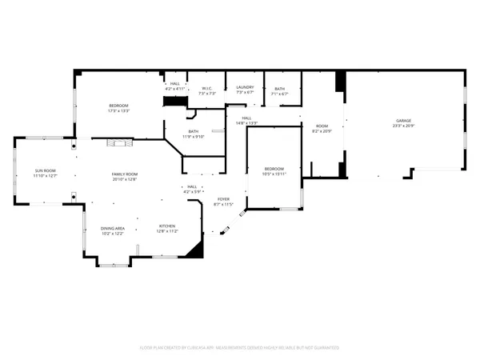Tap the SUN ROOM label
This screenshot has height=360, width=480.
[43, 170]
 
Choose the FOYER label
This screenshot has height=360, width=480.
[223, 199]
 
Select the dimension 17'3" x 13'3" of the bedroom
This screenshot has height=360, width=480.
[119, 110]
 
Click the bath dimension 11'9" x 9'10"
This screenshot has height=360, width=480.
[193, 136]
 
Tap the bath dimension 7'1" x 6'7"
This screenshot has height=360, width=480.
[279, 94]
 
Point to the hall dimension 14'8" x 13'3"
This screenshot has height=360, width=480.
[246, 123]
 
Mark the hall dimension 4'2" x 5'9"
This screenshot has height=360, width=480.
[192, 191]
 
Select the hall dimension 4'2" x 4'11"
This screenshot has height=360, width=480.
[175, 87]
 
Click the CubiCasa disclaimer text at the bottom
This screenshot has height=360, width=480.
[240, 348]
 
